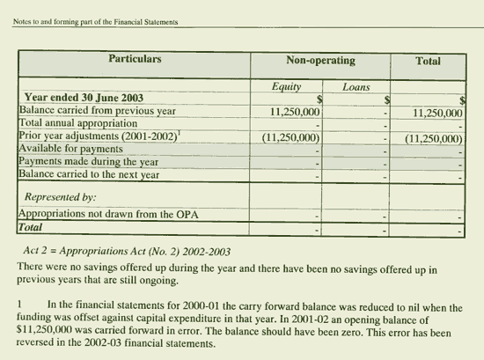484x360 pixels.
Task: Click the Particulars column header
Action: [x=135, y=60]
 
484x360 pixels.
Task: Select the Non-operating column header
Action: [x=320, y=61]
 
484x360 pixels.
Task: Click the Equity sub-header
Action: [x=287, y=87]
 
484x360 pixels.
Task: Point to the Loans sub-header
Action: [x=356, y=87]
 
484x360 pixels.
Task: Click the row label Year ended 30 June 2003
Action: [x=84, y=98]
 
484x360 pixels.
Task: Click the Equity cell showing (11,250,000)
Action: [x=290, y=138]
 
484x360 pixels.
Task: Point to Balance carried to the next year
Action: [x=88, y=174]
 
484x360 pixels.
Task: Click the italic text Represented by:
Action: [x=61, y=197]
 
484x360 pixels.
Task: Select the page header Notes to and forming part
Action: [x=96, y=22]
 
